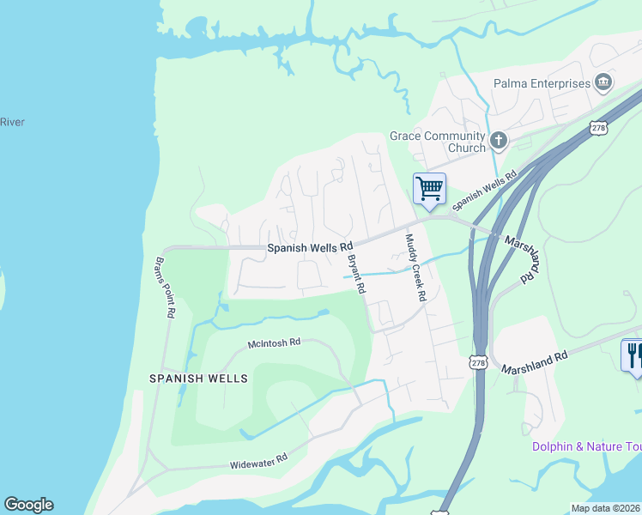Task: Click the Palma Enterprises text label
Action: pyautogui.click(x=542, y=84)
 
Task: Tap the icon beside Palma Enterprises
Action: pyautogui.click(x=603, y=82)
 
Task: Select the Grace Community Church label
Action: pyautogui.click(x=437, y=142)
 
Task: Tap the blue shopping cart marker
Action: pyautogui.click(x=429, y=188)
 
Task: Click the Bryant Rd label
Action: pyautogui.click(x=356, y=274)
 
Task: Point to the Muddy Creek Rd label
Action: pyautogui.click(x=415, y=267)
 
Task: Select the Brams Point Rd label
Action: pyautogui.click(x=165, y=288)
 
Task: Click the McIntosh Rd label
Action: pyautogui.click(x=275, y=342)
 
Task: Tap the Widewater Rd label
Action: pyautogui.click(x=257, y=464)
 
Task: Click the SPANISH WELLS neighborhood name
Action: pyautogui.click(x=198, y=379)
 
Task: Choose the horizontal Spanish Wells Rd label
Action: pyautogui.click(x=310, y=247)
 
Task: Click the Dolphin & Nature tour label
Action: pyautogui.click(x=586, y=446)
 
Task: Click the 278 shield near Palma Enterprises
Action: pyautogui.click(x=598, y=127)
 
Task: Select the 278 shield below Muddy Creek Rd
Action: pyautogui.click(x=479, y=363)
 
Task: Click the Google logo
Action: pyautogui.click(x=28, y=505)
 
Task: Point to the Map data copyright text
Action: pyautogui.click(x=605, y=508)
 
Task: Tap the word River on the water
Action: pyautogui.click(x=12, y=122)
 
